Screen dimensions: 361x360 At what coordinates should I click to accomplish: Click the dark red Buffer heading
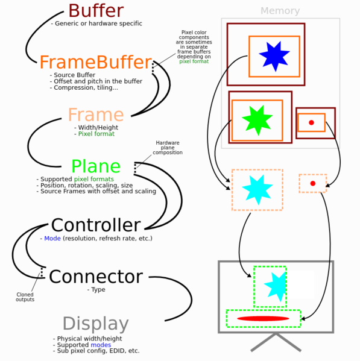click(96, 11)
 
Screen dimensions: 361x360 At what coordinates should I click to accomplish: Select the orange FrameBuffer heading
click(95, 62)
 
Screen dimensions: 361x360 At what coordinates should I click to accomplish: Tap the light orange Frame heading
click(95, 115)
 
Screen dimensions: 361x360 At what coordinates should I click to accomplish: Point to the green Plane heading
click(95, 166)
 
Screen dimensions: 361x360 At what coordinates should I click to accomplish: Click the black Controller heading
click(95, 225)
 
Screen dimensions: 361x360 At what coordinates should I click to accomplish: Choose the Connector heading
click(95, 277)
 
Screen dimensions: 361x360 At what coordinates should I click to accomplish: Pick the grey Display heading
click(95, 324)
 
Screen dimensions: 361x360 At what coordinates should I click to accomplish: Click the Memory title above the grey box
click(280, 11)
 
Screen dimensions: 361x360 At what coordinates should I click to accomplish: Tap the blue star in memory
click(274, 56)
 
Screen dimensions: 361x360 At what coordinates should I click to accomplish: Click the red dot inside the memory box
click(311, 123)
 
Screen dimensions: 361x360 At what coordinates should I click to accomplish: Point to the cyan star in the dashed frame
click(257, 189)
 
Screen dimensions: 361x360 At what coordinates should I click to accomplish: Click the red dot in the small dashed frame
click(312, 183)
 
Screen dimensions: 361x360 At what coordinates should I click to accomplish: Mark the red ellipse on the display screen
click(263, 318)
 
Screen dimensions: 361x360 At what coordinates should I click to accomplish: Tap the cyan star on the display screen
click(277, 286)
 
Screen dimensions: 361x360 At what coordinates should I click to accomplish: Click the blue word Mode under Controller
click(52, 239)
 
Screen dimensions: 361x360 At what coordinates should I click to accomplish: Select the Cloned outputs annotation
click(25, 297)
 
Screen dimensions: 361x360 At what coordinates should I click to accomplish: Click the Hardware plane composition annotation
click(167, 148)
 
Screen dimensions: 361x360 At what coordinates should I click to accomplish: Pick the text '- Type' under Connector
click(96, 290)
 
